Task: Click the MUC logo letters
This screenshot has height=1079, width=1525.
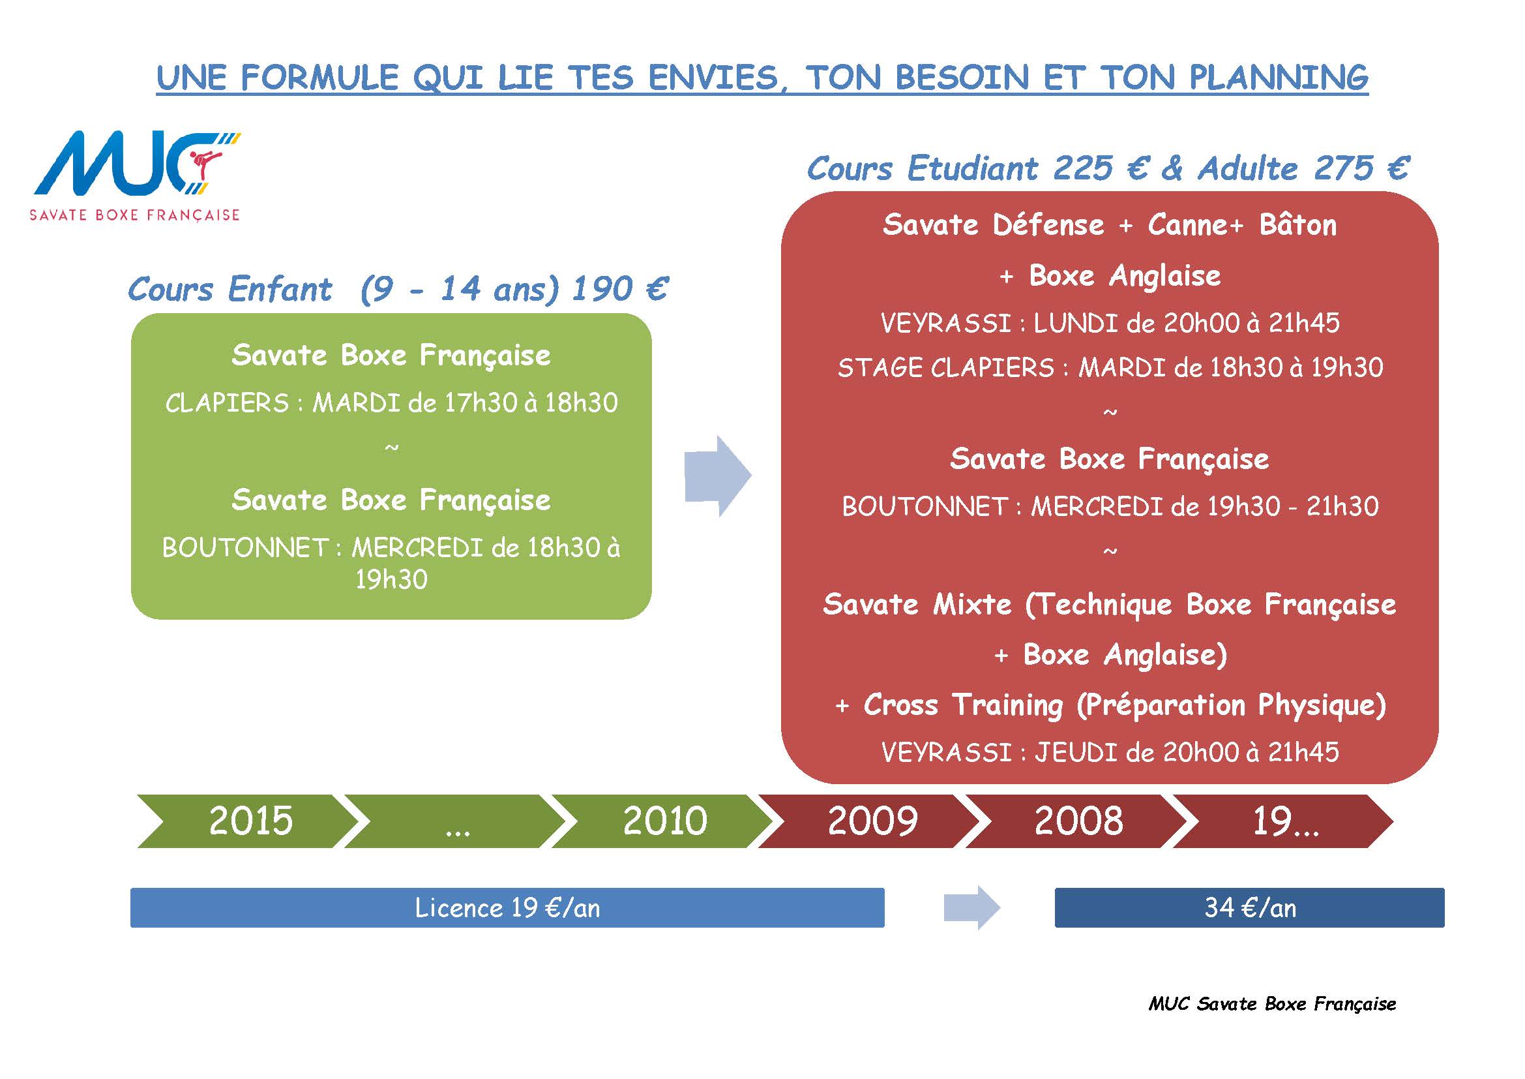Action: click(x=130, y=164)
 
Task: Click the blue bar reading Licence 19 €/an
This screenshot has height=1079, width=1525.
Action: click(x=507, y=907)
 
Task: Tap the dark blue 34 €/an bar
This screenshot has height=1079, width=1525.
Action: click(x=1249, y=907)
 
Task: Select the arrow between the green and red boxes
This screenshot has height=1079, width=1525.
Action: click(x=718, y=476)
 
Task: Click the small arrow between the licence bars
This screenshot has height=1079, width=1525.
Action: click(x=971, y=907)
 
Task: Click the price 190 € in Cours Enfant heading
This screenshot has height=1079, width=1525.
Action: click(x=619, y=289)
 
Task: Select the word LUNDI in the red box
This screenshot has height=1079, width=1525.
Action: click(x=1076, y=323)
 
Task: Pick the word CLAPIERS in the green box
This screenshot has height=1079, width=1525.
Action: click(x=227, y=403)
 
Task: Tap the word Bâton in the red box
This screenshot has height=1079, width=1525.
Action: click(x=1298, y=225)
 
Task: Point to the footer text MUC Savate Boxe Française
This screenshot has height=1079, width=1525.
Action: click(x=1272, y=1004)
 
